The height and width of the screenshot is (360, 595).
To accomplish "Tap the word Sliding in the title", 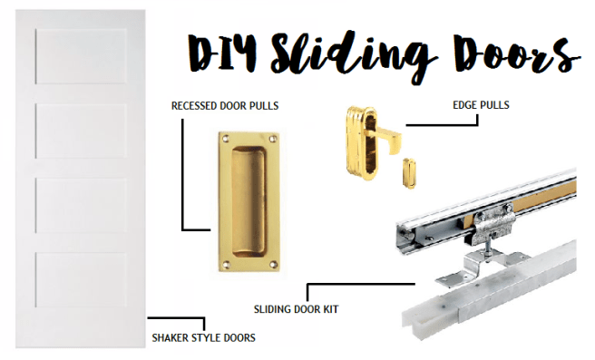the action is pyautogui.click(x=341, y=54).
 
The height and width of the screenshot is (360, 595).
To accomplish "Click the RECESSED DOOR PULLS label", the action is pyautogui.click(x=225, y=106).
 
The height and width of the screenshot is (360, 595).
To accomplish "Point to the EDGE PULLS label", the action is pyautogui.click(x=480, y=105).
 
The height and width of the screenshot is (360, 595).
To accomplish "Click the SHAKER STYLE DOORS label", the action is pyautogui.click(x=206, y=338).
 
